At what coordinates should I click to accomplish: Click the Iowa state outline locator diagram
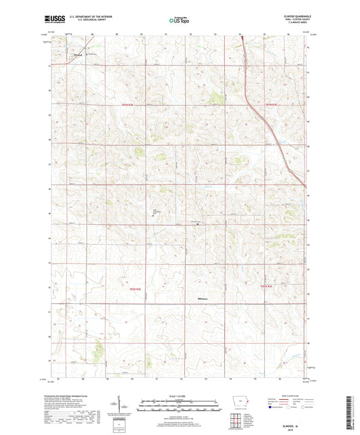pos(238,403)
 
